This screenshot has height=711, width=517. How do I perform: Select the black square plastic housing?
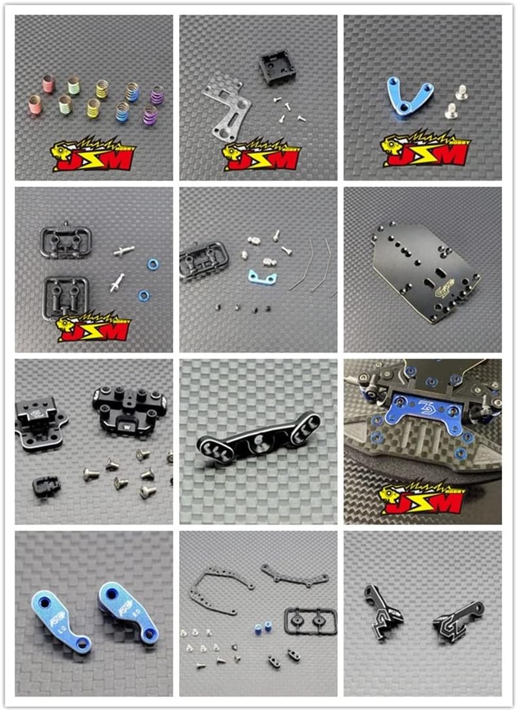[277, 67]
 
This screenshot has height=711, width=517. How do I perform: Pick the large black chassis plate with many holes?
[425, 271]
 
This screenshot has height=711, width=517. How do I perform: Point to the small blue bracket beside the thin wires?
[262, 277]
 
